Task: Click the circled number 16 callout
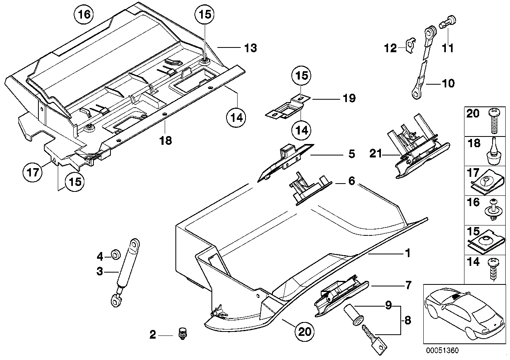pyautogui.click(x=84, y=14)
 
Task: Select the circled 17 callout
pyautogui.click(x=32, y=172)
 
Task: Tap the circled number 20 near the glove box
pyautogui.click(x=304, y=332)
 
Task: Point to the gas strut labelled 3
pyautogui.click(x=125, y=273)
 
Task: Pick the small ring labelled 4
pyautogui.click(x=116, y=254)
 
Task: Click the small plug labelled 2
pyautogui.click(x=182, y=333)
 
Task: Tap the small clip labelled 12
pyautogui.click(x=410, y=45)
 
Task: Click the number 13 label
pyautogui.click(x=250, y=48)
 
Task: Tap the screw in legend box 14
pyautogui.click(x=493, y=270)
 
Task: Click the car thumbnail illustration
pyautogui.click(x=464, y=314)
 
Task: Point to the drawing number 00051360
pyautogui.click(x=442, y=351)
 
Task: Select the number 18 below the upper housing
pyautogui.click(x=166, y=140)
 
